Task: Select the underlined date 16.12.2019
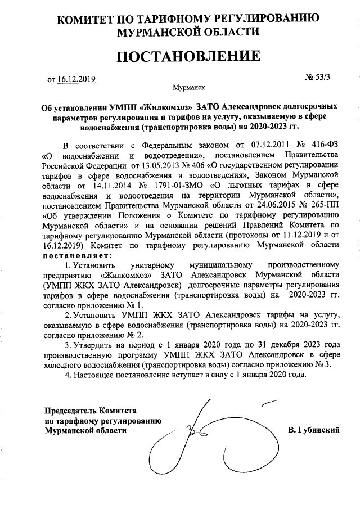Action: (76, 79)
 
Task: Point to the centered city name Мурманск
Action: (189, 88)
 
